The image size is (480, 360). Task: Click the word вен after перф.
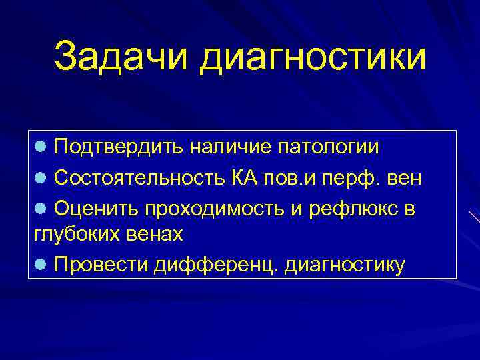point(403,179)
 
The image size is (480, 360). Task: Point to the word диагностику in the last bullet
point(344,265)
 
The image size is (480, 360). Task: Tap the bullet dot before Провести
point(40,265)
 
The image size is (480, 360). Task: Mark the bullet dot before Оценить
point(40,209)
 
